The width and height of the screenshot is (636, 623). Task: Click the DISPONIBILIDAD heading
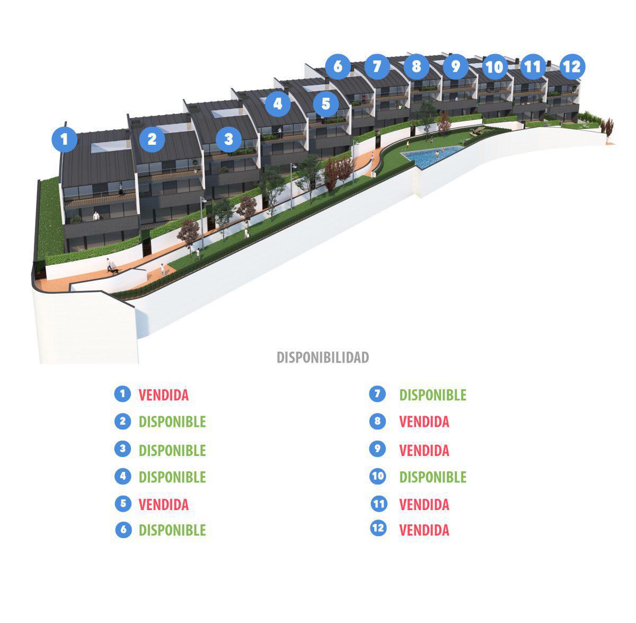tap(323, 357)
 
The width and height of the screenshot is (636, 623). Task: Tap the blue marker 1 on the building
tap(65, 139)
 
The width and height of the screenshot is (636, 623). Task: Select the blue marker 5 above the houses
tap(325, 103)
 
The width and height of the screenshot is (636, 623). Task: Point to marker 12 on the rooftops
tap(571, 67)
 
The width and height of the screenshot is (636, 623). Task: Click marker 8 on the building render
tap(416, 66)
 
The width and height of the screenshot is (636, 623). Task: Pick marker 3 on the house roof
tap(228, 139)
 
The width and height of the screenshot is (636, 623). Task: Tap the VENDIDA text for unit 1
tap(163, 395)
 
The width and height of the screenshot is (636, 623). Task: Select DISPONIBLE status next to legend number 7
tap(432, 395)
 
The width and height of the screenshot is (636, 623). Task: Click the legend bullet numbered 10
tap(378, 476)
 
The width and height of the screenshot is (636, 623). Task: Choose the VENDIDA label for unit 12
tap(424, 530)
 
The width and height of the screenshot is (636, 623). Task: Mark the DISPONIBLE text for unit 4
tap(172, 477)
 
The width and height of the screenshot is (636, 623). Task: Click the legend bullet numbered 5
tap(123, 503)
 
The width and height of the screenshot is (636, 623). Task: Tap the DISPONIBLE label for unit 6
tap(172, 530)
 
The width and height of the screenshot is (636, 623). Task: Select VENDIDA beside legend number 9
tap(424, 450)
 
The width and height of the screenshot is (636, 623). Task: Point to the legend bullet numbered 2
tap(123, 422)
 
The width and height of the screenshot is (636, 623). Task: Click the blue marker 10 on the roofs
tap(494, 67)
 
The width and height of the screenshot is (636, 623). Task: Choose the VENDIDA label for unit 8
tap(424, 422)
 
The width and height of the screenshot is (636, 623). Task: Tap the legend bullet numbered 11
tap(378, 503)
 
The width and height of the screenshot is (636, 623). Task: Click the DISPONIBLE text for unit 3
tap(172, 450)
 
